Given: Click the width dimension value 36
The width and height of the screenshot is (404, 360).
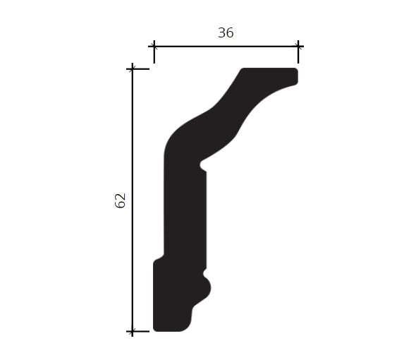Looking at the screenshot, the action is [x=226, y=32].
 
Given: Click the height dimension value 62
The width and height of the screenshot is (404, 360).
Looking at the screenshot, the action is [x=120, y=200].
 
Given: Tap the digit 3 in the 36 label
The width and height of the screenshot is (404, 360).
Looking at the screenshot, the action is [x=222, y=32].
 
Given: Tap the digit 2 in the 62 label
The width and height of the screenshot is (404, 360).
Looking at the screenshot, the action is [x=120, y=197].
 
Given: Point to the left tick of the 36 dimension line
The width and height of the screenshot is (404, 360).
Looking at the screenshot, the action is [x=154, y=47].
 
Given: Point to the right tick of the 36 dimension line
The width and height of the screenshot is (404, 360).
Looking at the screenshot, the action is [x=298, y=47].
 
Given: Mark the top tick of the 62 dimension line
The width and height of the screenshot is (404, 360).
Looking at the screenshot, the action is [x=132, y=69].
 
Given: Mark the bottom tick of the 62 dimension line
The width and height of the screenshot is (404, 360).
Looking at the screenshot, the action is [x=132, y=331].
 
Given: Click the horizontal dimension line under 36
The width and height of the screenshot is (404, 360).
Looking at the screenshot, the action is [x=226, y=47].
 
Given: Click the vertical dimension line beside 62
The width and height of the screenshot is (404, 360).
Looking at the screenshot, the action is [x=132, y=200].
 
